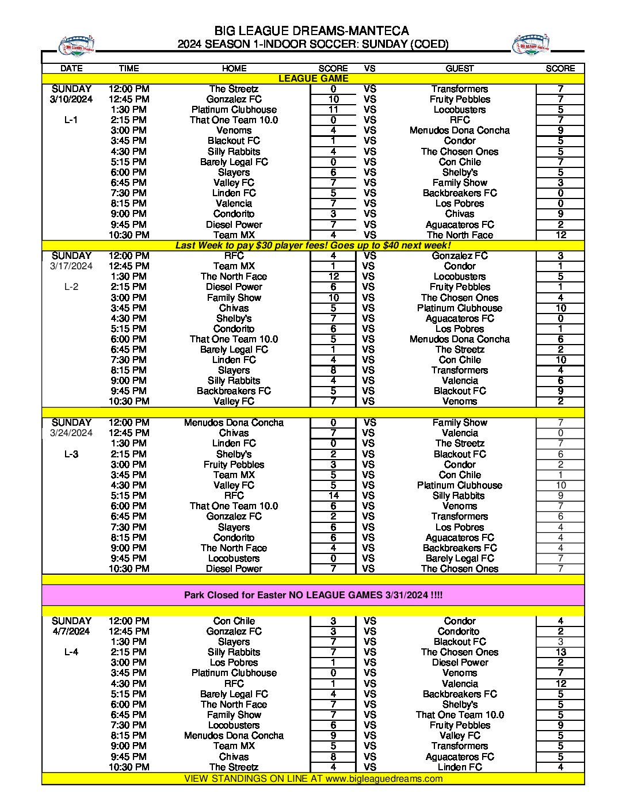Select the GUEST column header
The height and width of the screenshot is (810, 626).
[459, 68]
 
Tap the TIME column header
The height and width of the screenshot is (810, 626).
[129, 68]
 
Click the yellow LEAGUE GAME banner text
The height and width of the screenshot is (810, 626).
[313, 78]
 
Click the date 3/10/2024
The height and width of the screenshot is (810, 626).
[71, 100]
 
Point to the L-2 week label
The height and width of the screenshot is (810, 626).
[71, 286]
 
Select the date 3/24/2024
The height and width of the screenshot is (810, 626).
[71, 433]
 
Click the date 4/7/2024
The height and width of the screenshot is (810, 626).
[71, 631]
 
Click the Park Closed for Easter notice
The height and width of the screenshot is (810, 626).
[313, 595]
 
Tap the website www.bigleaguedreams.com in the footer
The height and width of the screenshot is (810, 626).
[384, 778]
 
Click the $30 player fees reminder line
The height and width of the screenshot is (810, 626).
[313, 245]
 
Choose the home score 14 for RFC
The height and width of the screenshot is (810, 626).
[333, 495]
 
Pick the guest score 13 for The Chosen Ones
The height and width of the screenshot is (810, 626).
[560, 652]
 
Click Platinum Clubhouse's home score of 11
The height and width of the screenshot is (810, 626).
[333, 109]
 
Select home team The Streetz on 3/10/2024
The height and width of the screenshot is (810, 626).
[234, 89]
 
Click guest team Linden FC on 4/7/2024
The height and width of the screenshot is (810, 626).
[459, 767]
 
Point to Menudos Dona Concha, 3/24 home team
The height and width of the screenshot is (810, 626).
[234, 422]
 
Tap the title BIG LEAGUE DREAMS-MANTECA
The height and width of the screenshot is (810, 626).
[312, 30]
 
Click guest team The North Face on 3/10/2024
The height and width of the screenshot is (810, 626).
[459, 235]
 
